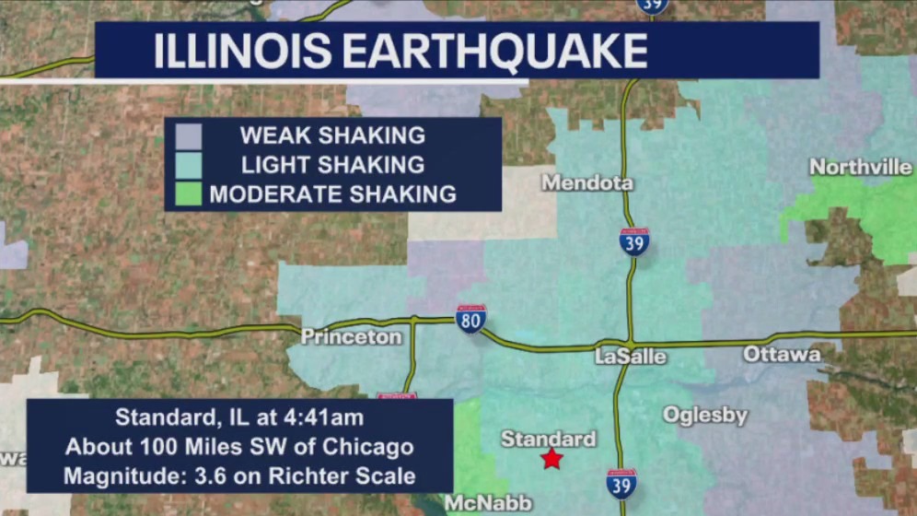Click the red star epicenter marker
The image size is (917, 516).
pos(551,459)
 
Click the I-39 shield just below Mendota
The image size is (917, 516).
pos(633,240)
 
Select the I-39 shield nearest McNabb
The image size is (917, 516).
pos(621,483)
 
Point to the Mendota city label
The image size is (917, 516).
pos(586,183)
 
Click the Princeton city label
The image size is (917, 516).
pos(352,337)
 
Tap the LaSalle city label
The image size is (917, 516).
pos(631,357)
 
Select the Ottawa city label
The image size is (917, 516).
pos(782,355)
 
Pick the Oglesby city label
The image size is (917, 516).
pos(704,416)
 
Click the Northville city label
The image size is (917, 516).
pos(861,167)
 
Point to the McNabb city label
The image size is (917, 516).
pos(475,503)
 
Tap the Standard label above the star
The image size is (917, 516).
pos(549,439)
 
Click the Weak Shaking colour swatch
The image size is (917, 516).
pos(189,136)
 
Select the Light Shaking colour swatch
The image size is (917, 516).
pos(189,166)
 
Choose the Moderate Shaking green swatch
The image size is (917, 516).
pos(189,194)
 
